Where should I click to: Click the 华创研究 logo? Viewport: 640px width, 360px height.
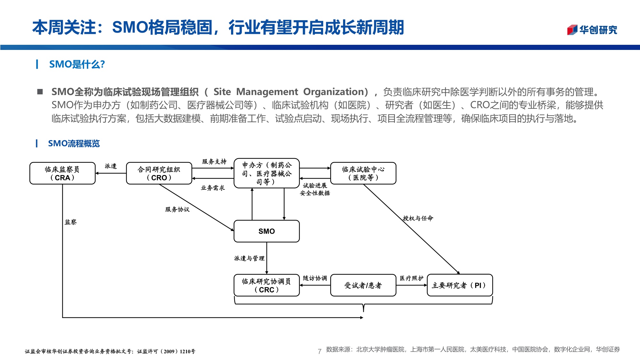tap(592, 30)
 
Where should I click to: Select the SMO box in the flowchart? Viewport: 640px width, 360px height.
tap(267, 231)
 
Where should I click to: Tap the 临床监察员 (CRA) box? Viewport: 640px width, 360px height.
tap(62, 173)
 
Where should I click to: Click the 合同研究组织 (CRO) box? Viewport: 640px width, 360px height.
tap(159, 173)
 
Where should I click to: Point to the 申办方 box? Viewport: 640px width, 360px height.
tap(267, 173)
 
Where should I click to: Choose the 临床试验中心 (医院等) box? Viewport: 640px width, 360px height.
tap(363, 173)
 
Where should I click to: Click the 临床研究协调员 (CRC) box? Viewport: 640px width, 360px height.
tap(267, 285)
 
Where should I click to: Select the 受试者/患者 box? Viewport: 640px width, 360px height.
tap(363, 285)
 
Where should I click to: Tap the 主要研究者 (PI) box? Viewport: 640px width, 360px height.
tap(460, 285)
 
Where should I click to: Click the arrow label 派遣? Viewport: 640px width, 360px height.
tap(111, 166)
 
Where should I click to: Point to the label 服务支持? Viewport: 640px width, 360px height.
tap(214, 162)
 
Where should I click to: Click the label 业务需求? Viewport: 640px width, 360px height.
tap(213, 188)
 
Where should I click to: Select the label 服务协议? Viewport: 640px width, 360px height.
tap(177, 209)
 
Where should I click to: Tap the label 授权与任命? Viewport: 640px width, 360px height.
tap(418, 218)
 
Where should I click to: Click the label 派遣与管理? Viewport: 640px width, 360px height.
tap(249, 258)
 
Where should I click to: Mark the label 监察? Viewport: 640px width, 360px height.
tap(71, 222)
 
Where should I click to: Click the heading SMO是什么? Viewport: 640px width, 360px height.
tap(77, 64)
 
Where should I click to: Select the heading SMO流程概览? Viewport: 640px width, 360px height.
tap(74, 143)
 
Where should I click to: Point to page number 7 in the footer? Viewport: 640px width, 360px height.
tap(319, 351)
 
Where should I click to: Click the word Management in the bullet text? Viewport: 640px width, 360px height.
tap(267, 92)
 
